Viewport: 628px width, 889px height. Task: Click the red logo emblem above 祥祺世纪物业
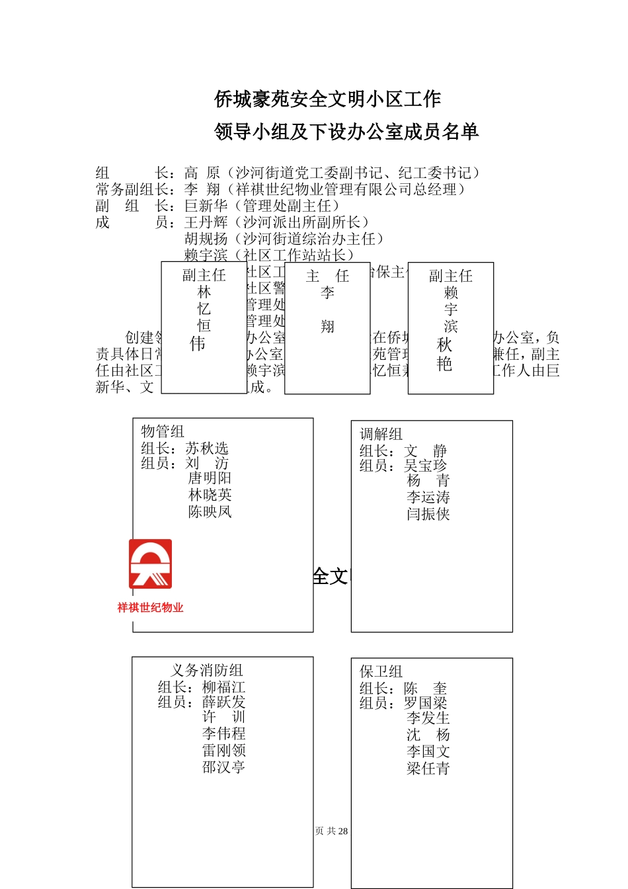click(150, 564)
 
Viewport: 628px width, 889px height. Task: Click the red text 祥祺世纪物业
click(150, 607)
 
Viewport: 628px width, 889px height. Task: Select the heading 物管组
click(162, 431)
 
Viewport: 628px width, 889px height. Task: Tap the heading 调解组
click(381, 434)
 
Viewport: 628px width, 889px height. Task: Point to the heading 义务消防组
click(207, 670)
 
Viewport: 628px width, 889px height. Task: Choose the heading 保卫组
click(381, 671)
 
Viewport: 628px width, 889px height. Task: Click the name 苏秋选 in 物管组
click(207, 448)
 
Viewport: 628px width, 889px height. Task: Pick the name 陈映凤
click(210, 511)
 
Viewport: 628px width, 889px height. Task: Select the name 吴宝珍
click(426, 466)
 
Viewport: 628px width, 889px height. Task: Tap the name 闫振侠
click(428, 514)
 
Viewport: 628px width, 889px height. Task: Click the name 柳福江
click(223, 687)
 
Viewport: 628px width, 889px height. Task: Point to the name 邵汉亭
click(223, 767)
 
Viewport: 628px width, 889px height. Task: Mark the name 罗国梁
click(426, 703)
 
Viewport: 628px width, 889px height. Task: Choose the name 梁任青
click(428, 769)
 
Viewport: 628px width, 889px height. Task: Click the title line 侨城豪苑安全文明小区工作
click(327, 99)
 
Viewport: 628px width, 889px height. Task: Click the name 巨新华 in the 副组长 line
click(206, 206)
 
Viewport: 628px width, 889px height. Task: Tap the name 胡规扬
click(206, 239)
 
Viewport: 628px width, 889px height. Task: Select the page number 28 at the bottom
click(342, 831)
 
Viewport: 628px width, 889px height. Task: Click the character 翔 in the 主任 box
click(327, 326)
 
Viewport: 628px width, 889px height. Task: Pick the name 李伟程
click(223, 734)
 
